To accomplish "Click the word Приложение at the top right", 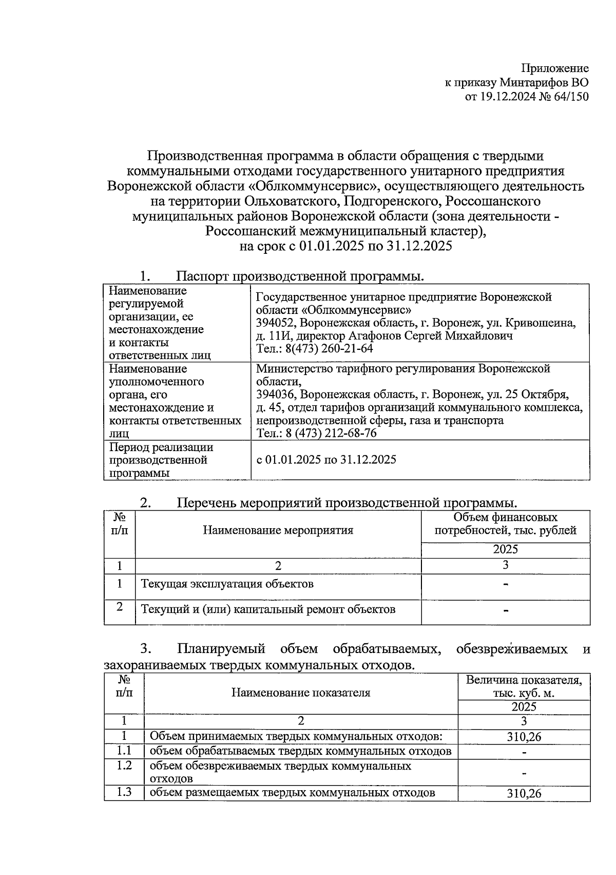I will pyautogui.click(x=555, y=68).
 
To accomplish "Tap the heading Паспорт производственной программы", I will pyautogui.click(x=300, y=276).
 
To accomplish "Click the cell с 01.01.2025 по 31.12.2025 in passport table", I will pyautogui.click(x=326, y=459).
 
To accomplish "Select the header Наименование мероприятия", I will pyautogui.click(x=278, y=530).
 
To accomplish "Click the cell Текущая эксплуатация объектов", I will pyautogui.click(x=227, y=584).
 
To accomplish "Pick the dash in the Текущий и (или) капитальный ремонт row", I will pyautogui.click(x=506, y=610).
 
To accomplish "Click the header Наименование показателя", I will pyautogui.click(x=300, y=693).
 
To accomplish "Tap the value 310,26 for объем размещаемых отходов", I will pyautogui.click(x=524, y=793).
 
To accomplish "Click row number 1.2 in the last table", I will pyautogui.click(x=124, y=766).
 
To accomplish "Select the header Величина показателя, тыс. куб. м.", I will pyautogui.click(x=524, y=687).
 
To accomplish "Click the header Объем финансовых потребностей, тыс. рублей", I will pyautogui.click(x=506, y=524).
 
